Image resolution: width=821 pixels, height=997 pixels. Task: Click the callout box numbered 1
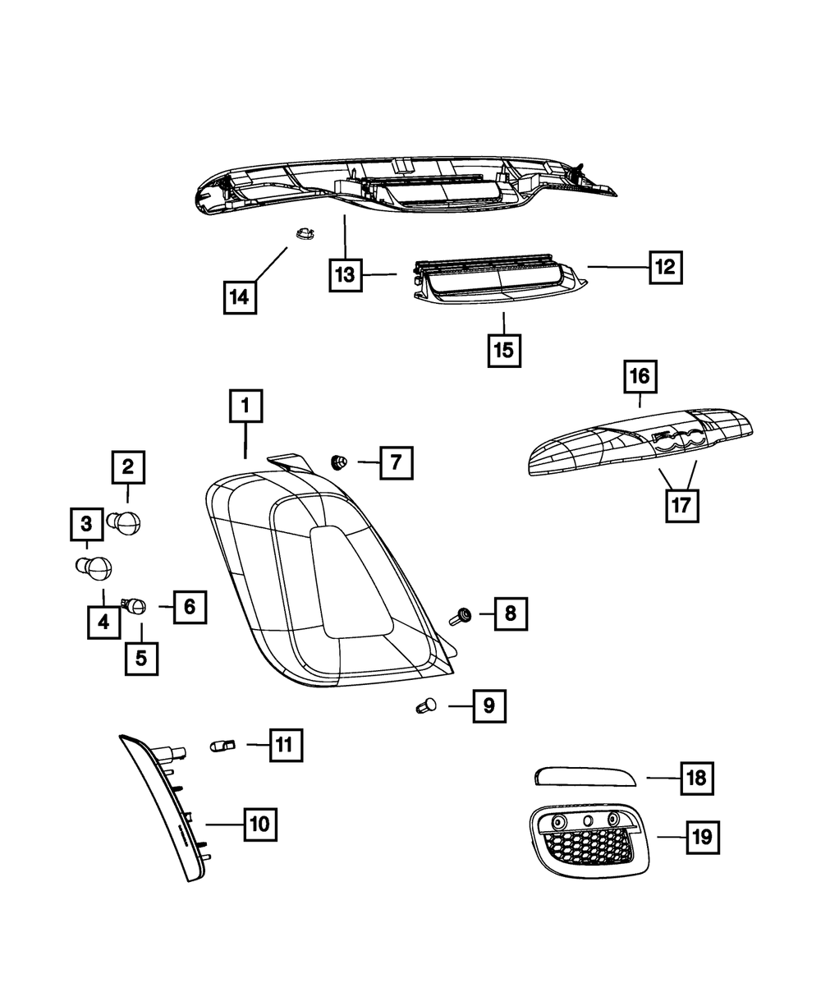click(x=245, y=407)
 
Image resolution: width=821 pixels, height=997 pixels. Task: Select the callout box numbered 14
click(x=239, y=297)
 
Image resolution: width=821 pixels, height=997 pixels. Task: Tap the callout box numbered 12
click(x=664, y=267)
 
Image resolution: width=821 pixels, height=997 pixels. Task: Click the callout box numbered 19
click(x=700, y=838)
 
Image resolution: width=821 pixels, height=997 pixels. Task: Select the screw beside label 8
click(x=461, y=615)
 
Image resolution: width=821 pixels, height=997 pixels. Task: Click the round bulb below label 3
click(x=95, y=566)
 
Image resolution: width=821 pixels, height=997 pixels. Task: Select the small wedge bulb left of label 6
click(x=135, y=607)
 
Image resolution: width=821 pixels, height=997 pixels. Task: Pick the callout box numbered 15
click(x=503, y=350)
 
